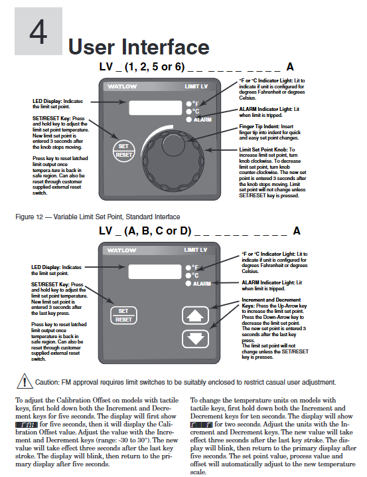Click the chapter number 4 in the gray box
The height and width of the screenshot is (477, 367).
[38, 32]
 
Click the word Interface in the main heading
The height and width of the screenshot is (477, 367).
[165, 47]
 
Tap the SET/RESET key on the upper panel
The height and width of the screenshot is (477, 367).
[123, 151]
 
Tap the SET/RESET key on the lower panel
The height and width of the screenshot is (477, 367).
[123, 315]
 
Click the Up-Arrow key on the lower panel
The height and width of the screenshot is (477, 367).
[195, 316]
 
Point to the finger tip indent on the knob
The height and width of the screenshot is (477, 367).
[173, 145]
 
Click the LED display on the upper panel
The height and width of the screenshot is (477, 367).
[155, 108]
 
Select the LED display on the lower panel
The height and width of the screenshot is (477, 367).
[155, 272]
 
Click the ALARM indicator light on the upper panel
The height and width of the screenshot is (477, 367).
[189, 120]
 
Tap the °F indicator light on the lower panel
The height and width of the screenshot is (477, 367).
[188, 268]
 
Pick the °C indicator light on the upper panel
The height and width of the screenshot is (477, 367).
[189, 112]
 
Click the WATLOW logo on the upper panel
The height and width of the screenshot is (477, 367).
[122, 87]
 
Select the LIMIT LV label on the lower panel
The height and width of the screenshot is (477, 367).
[196, 250]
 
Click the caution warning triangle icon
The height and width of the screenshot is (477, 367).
[25, 381]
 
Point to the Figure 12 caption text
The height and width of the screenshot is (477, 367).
[98, 217]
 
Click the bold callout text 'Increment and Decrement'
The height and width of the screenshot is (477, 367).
[271, 300]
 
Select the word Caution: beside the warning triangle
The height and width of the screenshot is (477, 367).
[47, 383]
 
